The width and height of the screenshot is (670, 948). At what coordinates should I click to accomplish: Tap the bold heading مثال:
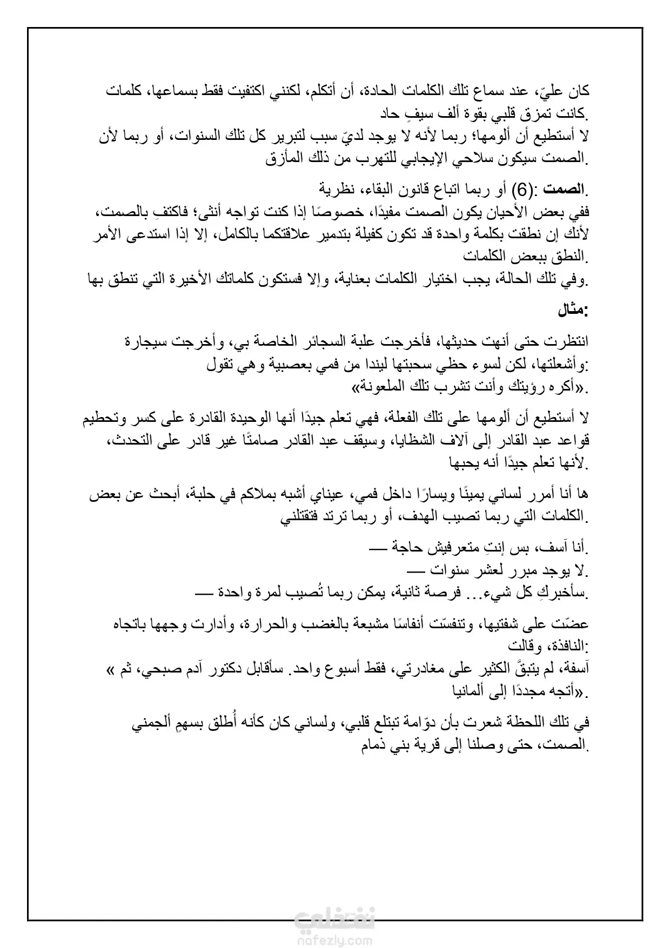pos(573,311)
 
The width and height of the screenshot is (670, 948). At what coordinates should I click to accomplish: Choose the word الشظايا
pos(411,441)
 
